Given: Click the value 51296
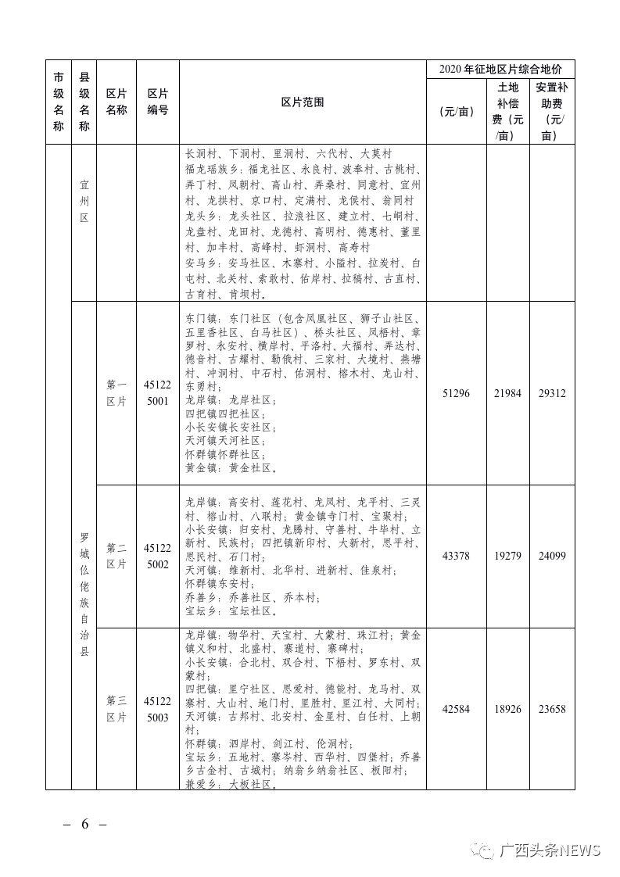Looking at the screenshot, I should [456, 394].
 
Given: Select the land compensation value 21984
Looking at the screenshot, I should [507, 394].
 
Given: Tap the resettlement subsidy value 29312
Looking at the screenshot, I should [552, 394].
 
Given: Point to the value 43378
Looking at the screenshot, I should [456, 556].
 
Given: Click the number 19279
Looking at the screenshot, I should [507, 556].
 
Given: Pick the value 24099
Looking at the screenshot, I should [552, 556].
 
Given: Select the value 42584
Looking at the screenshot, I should [456, 709].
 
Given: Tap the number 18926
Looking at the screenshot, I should [507, 709].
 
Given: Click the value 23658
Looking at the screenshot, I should [552, 709].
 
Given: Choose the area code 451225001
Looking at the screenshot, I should [157, 393].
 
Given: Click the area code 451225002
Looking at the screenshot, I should [157, 556].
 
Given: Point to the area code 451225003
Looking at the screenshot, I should [157, 709].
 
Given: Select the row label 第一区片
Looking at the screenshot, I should [116, 393].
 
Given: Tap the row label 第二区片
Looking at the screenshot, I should [116, 556].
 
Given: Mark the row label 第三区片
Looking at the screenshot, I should [116, 709].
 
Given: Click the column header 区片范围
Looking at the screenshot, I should [303, 102].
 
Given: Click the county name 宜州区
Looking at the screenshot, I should [84, 202].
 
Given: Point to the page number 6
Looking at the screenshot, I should [84, 825].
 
